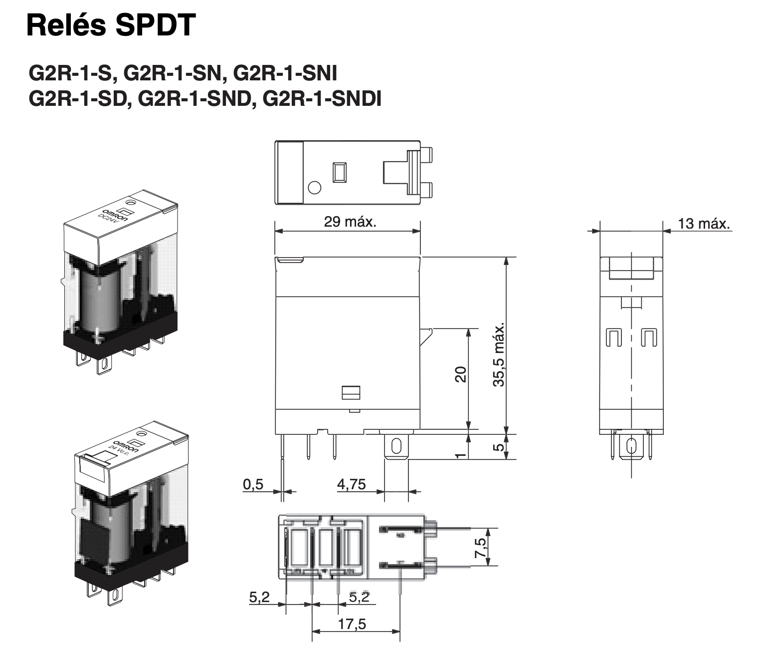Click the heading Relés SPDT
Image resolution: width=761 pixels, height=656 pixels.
pos(111,25)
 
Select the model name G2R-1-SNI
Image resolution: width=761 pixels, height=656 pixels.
pos(285,73)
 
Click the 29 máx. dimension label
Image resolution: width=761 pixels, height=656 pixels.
pos(350,222)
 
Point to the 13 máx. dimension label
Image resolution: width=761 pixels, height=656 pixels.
pos(704,223)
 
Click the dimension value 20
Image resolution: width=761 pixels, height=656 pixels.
pos(460,374)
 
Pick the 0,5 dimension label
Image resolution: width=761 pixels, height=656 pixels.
pos(253,484)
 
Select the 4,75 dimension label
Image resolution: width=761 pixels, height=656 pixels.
pos(352,484)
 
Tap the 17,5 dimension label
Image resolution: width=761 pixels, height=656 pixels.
pos(352,624)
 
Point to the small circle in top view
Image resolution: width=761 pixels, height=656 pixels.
pos(315,188)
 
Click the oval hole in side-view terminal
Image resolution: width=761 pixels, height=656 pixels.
pos(396,445)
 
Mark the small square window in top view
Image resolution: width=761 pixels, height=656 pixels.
pos(340,172)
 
